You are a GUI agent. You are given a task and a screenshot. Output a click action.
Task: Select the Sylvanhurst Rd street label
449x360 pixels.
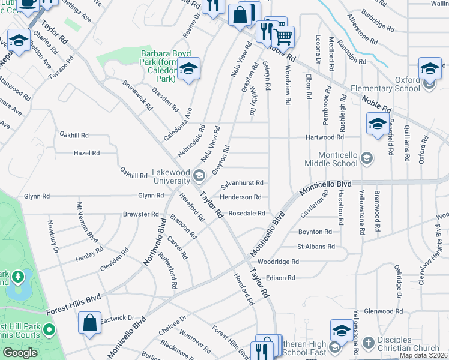click(242, 182)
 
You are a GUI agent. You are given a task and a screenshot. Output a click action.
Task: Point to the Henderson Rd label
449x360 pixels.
click(240, 197)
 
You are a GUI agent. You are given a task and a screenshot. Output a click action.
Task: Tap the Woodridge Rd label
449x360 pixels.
click(277, 262)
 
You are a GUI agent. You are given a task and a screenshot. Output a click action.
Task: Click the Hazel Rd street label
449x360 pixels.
click(86, 153)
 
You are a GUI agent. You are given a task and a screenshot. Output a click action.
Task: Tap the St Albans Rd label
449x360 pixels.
click(316, 246)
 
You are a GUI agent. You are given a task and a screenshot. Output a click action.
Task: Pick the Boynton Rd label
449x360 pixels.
click(315, 231)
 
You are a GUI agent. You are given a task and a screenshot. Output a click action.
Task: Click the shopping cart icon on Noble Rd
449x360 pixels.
click(283, 37)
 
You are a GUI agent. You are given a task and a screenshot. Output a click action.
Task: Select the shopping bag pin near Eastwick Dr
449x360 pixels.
click(89, 322)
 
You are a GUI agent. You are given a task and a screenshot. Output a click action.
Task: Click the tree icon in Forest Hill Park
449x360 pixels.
click(19, 277)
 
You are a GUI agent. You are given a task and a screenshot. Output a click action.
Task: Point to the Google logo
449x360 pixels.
click(19, 353)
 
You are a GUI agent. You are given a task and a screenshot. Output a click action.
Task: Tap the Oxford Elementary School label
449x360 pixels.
click(408, 84)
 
